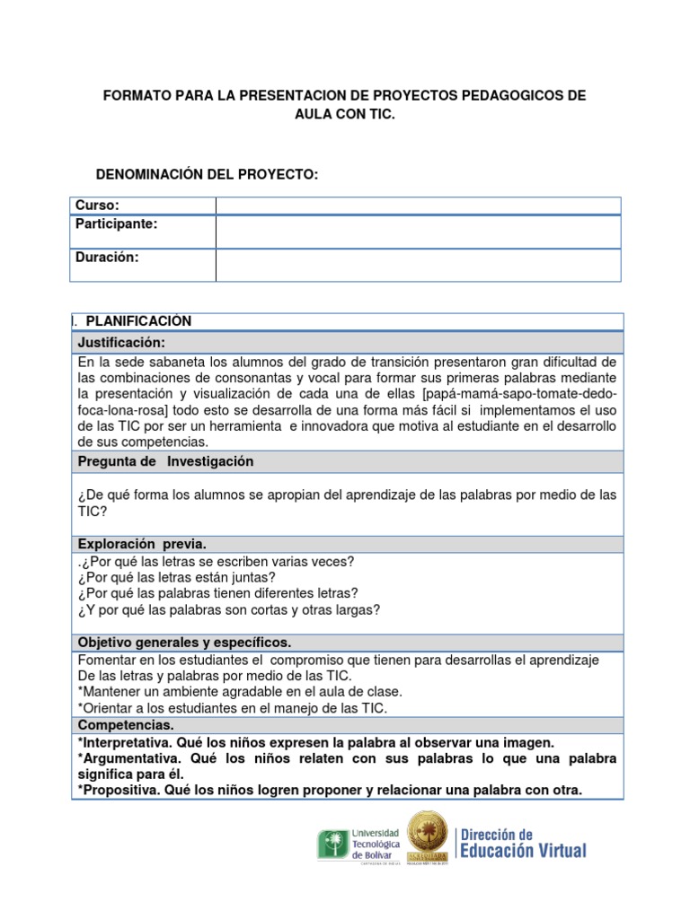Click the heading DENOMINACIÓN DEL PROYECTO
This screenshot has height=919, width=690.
[x=207, y=173]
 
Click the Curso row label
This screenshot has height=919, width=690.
[x=97, y=206]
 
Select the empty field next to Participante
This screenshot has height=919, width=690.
[x=418, y=232]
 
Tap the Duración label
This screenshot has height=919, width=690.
[x=107, y=257]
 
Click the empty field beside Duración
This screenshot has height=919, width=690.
[x=418, y=265]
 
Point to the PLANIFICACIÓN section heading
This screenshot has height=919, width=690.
[x=138, y=321]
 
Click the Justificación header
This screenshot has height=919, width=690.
[x=121, y=343]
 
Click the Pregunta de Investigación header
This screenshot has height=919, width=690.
[x=166, y=461]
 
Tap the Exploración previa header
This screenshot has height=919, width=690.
[x=142, y=544]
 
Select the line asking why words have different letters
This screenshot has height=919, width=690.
[x=218, y=593]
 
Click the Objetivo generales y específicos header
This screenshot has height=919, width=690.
[x=184, y=643]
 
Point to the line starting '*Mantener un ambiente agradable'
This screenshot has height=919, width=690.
[x=240, y=691]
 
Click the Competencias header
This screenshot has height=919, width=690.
[x=126, y=724]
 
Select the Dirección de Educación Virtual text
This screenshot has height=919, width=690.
[x=523, y=844]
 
